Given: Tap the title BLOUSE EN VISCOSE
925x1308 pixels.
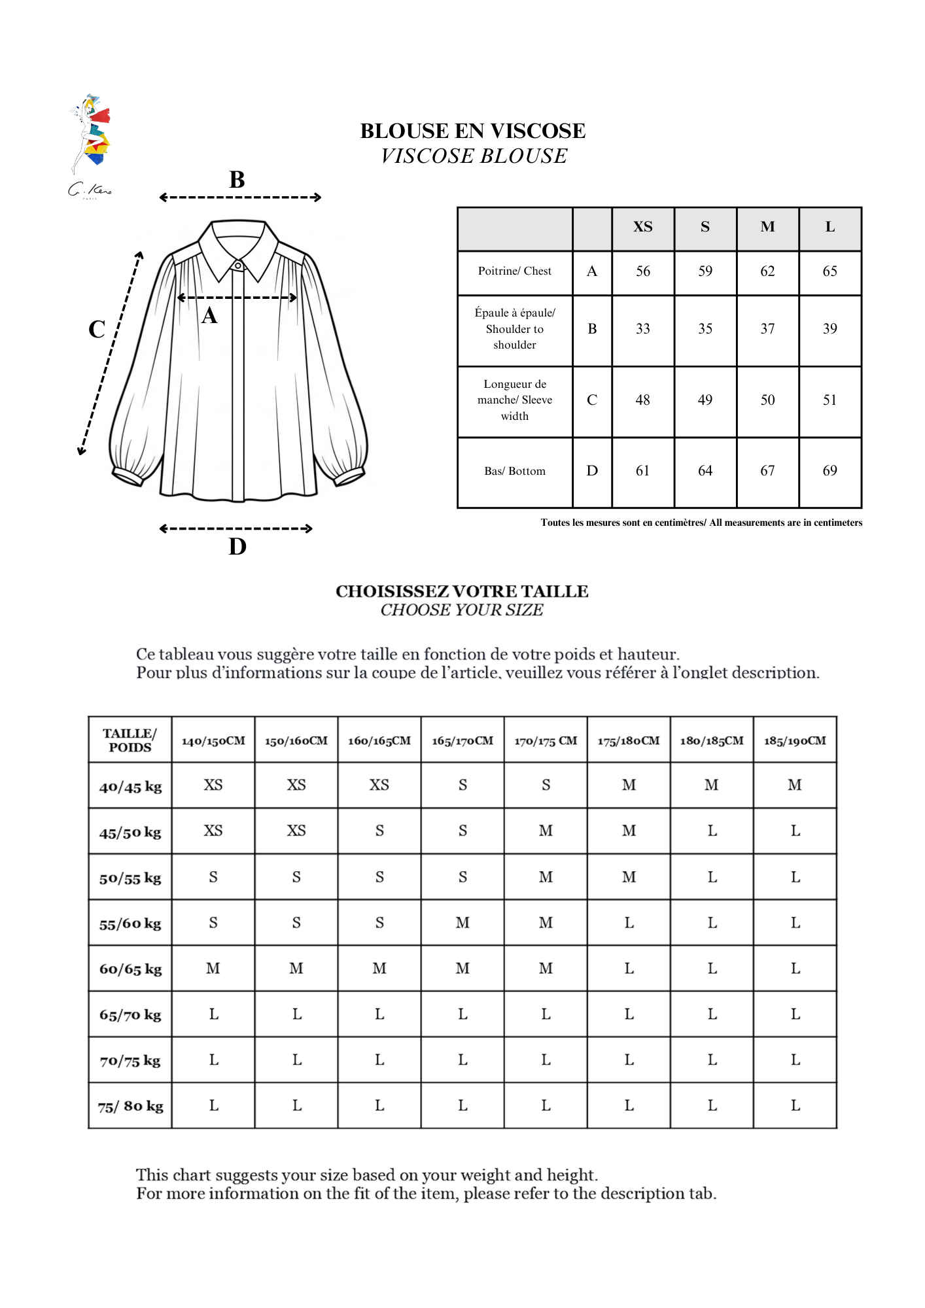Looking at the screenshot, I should (472, 131).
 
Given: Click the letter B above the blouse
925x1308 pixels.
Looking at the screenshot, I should (237, 180).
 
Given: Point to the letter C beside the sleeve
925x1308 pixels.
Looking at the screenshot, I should (97, 329).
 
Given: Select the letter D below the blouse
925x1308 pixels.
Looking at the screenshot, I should (237, 546).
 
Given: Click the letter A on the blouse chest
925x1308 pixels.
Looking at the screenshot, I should (209, 316).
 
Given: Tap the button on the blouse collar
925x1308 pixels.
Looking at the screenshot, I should (238, 266).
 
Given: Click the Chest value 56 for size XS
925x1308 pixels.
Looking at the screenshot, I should (642, 271).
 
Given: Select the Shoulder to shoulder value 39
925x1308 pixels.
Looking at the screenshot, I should (829, 329).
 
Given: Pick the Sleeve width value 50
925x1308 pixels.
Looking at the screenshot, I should (767, 400).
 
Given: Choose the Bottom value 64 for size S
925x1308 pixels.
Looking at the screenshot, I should (705, 471).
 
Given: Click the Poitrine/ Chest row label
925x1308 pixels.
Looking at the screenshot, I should (514, 271).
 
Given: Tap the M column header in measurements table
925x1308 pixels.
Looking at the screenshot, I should (767, 227).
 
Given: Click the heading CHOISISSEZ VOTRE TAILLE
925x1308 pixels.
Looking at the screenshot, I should (462, 591).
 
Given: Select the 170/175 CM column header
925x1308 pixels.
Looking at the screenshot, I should (546, 741).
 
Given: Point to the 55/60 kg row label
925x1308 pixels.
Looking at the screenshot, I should (130, 923).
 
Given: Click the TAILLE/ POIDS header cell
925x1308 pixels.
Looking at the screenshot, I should (130, 740).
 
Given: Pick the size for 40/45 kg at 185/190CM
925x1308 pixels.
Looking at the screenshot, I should (794, 785).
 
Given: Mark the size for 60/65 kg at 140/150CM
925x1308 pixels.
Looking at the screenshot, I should (213, 969).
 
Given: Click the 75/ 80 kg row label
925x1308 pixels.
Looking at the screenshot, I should (130, 1106).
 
